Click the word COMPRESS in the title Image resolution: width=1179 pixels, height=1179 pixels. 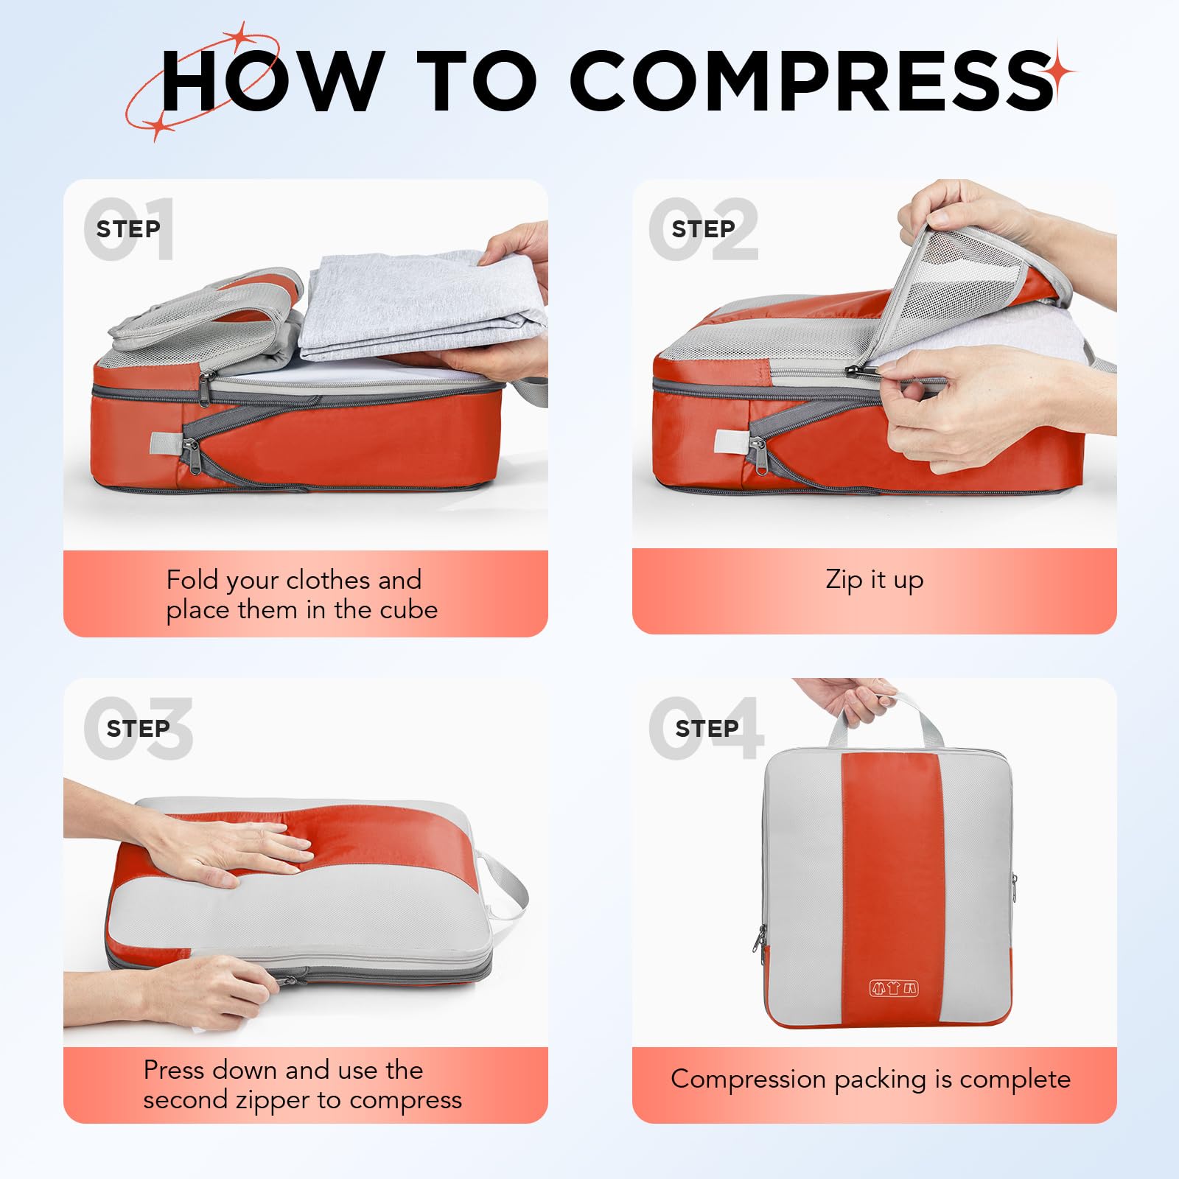(811, 81)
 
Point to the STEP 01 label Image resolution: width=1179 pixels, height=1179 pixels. (128, 229)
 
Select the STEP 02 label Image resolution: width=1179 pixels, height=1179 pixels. (703, 229)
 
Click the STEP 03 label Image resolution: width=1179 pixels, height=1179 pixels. (138, 729)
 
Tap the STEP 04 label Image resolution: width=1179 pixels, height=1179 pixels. (707, 729)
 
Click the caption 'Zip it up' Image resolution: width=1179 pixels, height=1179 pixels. (874, 579)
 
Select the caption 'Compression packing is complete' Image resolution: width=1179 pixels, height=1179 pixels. (870, 1079)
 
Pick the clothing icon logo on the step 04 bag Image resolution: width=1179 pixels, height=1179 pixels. (894, 988)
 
